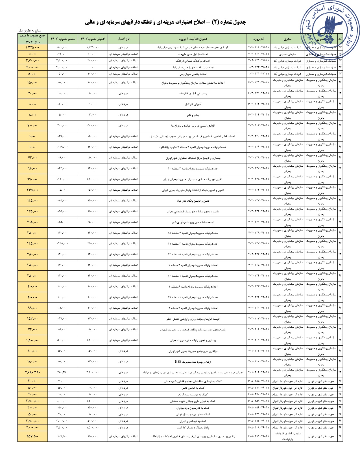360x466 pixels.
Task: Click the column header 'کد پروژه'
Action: tap(259, 39)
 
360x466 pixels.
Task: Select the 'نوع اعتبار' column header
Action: tap(123, 39)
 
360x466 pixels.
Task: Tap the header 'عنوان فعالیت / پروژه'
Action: tap(193, 39)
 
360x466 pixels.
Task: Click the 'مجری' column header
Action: tap(287, 39)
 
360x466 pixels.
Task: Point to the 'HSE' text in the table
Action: tap(178, 362)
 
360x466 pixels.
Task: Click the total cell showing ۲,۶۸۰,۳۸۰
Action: tap(32, 373)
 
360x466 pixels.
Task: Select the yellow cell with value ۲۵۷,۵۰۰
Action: tap(32, 436)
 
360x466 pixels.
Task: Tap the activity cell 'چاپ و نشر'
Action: tap(193, 115)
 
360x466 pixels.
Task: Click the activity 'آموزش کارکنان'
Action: tap(193, 104)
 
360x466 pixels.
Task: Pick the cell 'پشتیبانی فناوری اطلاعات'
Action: tap(193, 93)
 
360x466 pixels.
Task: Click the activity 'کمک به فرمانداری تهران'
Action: tap(193, 421)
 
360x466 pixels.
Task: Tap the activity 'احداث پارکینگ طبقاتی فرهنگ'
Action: tap(193, 61)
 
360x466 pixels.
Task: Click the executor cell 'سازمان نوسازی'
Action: tap(287, 54)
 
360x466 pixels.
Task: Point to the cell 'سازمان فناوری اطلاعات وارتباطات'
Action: tap(287, 436)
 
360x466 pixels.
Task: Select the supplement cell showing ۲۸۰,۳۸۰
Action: tap(62, 373)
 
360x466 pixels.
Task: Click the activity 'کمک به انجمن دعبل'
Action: tap(193, 388)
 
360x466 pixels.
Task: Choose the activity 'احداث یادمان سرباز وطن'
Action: tap(193, 74)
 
